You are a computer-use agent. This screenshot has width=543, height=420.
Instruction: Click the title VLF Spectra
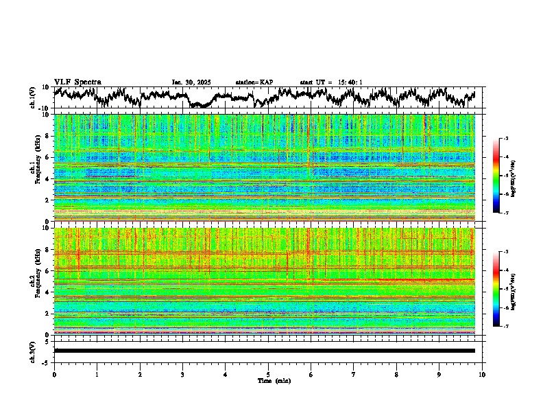(77, 82)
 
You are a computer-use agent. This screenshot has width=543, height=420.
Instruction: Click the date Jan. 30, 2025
(191, 82)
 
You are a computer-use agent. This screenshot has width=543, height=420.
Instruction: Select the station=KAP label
(254, 82)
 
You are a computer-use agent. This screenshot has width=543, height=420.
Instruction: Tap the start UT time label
(331, 82)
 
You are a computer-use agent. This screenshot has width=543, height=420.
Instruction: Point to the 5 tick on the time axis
(268, 375)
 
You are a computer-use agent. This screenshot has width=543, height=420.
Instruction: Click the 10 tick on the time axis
(483, 375)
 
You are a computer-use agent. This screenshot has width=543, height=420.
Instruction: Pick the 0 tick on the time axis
(54, 375)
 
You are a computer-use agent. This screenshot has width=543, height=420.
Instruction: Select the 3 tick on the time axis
(182, 375)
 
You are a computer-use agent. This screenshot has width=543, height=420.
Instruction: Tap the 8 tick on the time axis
(397, 375)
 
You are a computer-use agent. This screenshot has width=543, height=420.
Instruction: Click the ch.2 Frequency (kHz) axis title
(34, 281)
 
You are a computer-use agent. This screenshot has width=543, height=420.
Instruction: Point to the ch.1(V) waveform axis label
(32, 98)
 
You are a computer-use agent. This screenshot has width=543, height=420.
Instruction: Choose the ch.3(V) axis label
(32, 351)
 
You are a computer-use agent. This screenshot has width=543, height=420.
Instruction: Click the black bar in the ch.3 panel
(264, 351)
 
